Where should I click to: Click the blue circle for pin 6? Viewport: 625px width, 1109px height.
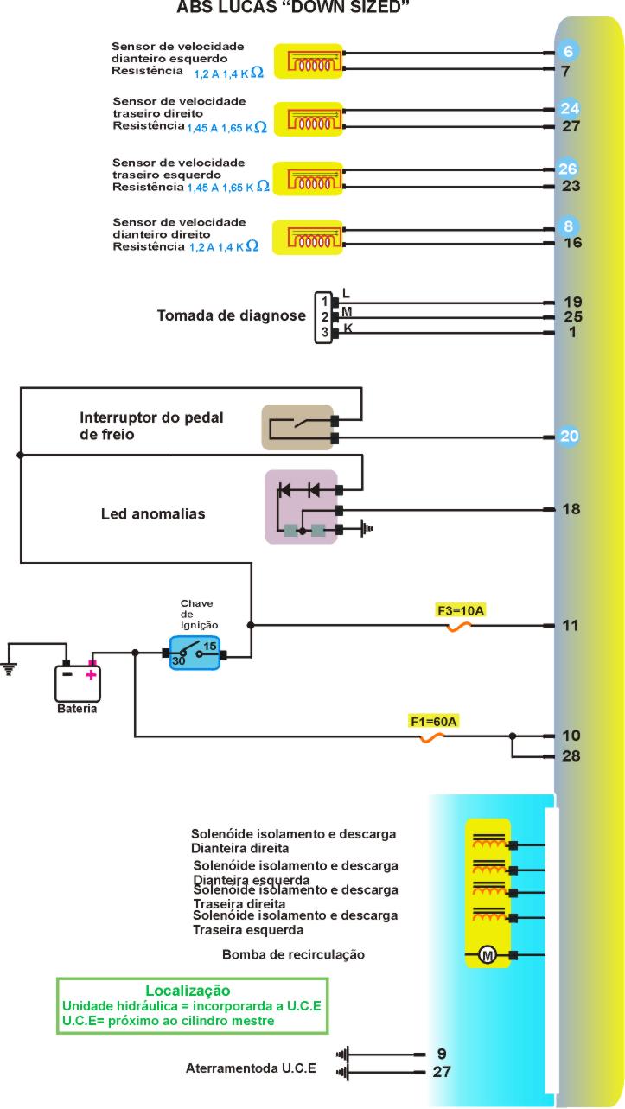click(568, 52)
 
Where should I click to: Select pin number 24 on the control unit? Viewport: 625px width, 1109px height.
click(569, 109)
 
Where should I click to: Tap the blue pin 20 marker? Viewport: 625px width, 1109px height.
click(569, 437)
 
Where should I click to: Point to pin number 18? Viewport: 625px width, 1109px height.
click(571, 509)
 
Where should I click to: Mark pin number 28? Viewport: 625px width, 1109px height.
click(571, 756)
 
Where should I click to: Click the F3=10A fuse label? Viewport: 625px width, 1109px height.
click(461, 610)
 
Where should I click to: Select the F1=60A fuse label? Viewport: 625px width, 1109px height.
click(434, 720)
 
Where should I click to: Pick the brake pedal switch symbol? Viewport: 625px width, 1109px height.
click(297, 427)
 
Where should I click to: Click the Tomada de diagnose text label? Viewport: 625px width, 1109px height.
click(231, 316)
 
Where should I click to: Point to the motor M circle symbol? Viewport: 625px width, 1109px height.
click(488, 955)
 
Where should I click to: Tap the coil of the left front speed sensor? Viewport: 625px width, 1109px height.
click(309, 61)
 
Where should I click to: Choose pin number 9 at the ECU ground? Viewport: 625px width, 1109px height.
click(442, 1054)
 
